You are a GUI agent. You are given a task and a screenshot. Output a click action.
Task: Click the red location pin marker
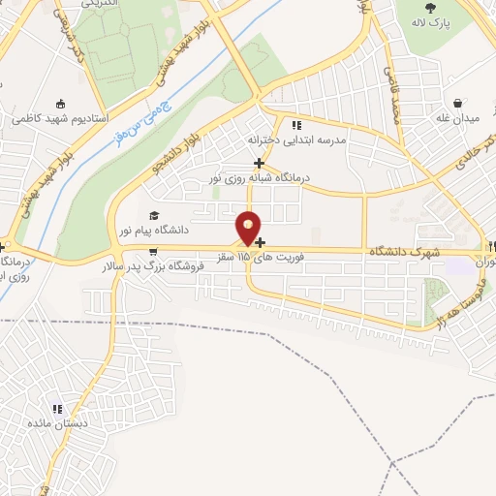[x=249, y=228]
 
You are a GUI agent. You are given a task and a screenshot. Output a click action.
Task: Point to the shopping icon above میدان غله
[x=458, y=102]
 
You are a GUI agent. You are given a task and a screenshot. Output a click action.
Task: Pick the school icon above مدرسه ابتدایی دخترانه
[x=296, y=125]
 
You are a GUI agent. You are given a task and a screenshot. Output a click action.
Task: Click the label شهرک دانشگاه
[x=397, y=252]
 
